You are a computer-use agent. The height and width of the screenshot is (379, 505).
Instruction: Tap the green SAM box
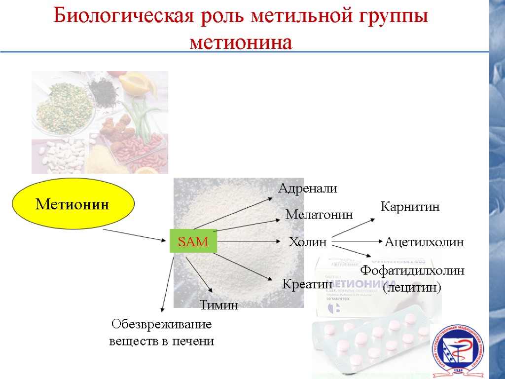click(x=193, y=241)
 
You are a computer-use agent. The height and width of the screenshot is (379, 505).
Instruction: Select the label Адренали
click(x=308, y=188)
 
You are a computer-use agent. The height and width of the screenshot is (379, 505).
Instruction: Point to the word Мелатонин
click(x=320, y=215)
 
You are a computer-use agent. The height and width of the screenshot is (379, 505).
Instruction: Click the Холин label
click(x=308, y=242)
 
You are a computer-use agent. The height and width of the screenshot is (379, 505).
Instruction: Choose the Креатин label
click(x=307, y=284)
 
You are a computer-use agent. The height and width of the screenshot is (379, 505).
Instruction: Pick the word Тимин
click(x=218, y=305)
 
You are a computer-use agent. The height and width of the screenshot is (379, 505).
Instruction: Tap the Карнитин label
click(x=410, y=207)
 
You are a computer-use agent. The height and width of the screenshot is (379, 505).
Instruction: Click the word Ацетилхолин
click(x=424, y=242)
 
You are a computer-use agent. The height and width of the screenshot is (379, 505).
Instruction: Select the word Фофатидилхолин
click(x=413, y=270)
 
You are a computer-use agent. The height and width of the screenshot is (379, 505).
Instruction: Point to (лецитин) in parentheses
click(x=412, y=287)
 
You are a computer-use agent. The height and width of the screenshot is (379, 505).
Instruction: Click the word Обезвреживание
click(x=161, y=325)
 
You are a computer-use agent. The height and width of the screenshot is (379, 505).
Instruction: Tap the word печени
click(x=196, y=341)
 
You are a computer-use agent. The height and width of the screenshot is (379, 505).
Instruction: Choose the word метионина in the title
click(x=241, y=42)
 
